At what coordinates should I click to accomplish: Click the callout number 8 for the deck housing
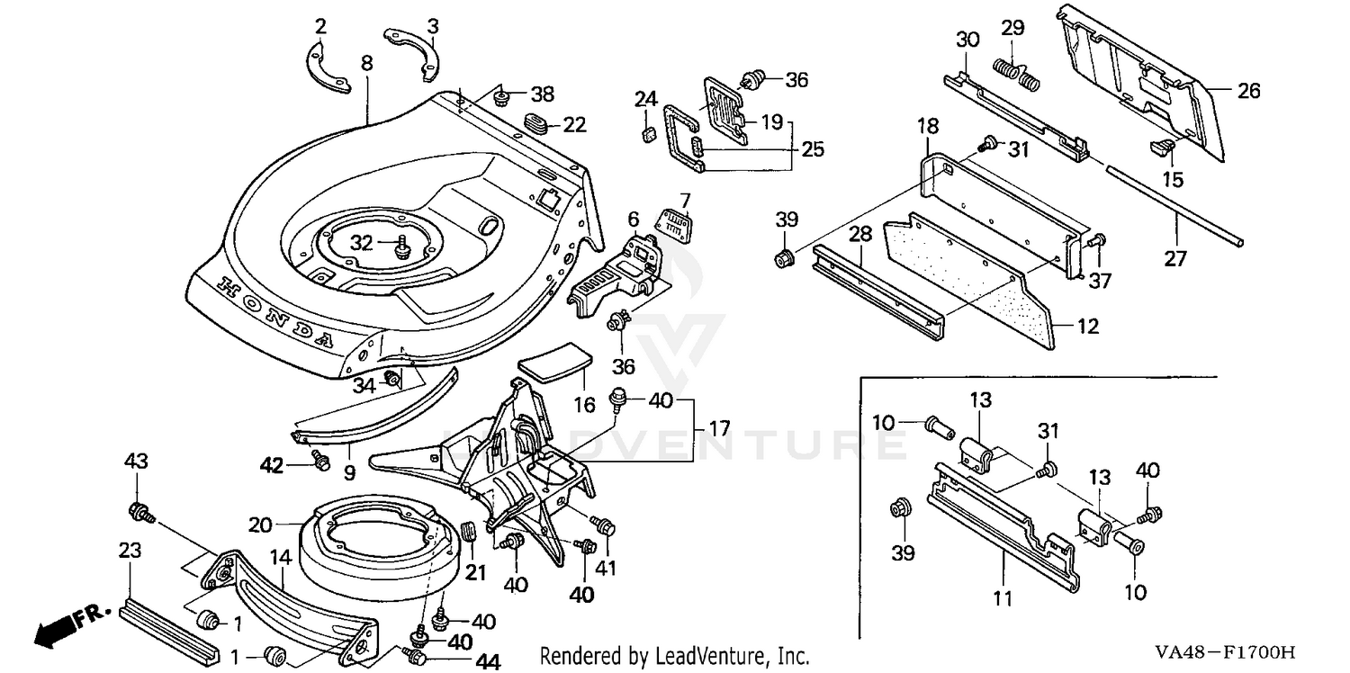pyautogui.click(x=366, y=63)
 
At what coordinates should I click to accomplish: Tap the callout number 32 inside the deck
pyautogui.click(x=361, y=243)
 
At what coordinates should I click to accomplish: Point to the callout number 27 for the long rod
pyautogui.click(x=1175, y=260)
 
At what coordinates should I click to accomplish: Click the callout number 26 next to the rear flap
pyautogui.click(x=1248, y=91)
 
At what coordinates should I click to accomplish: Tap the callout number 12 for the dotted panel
pyautogui.click(x=1088, y=327)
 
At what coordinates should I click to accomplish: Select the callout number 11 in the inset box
pyautogui.click(x=1003, y=597)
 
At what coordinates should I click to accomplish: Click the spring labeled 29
pyautogui.click(x=1016, y=72)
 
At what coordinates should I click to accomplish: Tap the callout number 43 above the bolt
pyautogui.click(x=136, y=462)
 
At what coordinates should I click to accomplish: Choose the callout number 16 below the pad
pyautogui.click(x=585, y=405)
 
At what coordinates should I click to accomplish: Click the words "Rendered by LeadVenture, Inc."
pyautogui.click(x=675, y=657)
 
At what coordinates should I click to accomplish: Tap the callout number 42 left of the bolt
pyautogui.click(x=272, y=465)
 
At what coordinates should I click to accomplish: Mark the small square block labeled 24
pyautogui.click(x=644, y=135)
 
